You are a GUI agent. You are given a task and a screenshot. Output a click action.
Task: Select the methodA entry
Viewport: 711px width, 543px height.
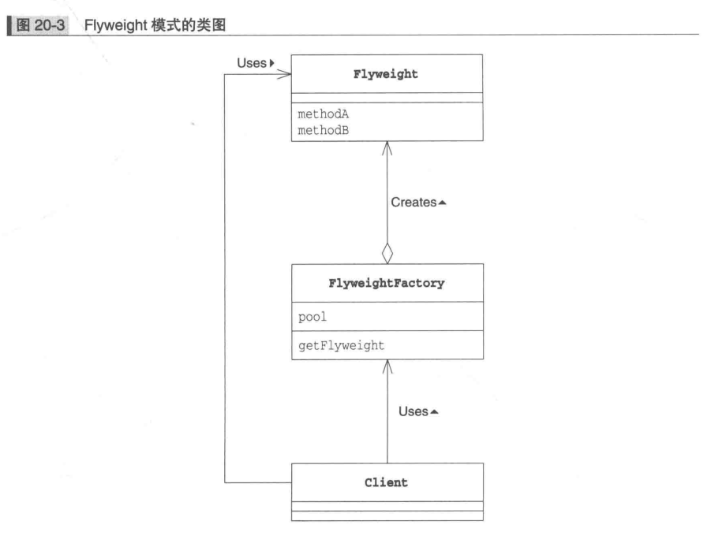[x=324, y=114]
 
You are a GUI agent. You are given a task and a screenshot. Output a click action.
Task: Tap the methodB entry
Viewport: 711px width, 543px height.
[x=324, y=130]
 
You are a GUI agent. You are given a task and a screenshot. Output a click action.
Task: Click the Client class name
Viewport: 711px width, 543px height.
[x=387, y=483]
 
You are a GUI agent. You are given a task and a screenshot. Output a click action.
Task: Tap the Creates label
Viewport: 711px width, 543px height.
[x=414, y=203]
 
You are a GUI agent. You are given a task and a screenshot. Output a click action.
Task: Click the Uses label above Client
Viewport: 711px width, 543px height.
[x=413, y=412]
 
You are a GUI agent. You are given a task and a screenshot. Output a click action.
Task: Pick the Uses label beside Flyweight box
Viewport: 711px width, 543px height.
[x=251, y=62]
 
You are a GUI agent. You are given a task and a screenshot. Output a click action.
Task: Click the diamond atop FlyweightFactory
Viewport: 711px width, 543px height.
[x=387, y=254]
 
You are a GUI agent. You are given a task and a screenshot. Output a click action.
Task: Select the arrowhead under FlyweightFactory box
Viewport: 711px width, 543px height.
[x=387, y=364]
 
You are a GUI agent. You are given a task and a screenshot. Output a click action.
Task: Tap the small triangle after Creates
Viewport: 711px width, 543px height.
[x=443, y=203]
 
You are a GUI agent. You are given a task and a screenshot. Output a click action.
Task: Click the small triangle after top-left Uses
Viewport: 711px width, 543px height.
[x=271, y=62]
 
